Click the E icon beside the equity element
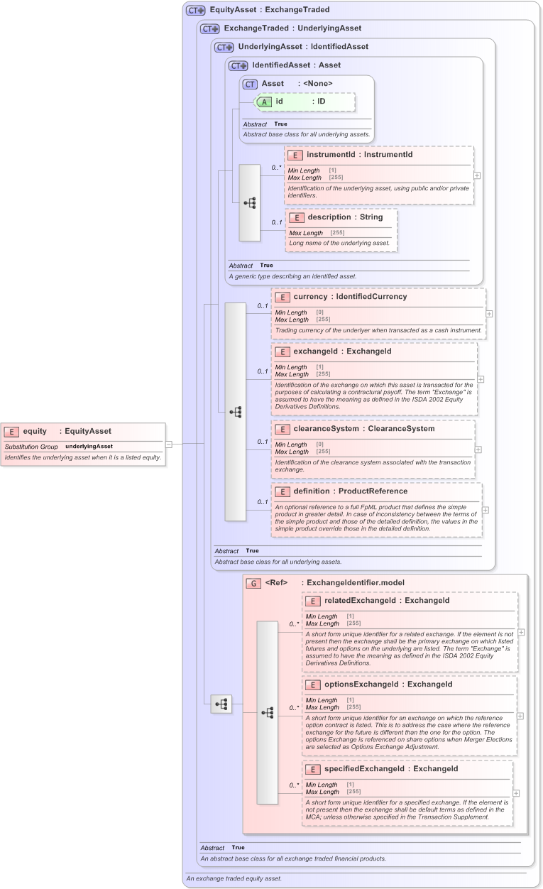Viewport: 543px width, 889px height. (12, 431)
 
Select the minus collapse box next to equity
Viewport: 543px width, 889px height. (169, 444)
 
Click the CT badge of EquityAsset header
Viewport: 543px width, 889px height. (195, 11)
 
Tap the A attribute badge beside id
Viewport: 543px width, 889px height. (263, 102)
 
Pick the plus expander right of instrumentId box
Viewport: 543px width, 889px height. (477, 175)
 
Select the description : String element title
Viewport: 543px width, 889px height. (345, 217)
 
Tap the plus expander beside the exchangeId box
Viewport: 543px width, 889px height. (481, 379)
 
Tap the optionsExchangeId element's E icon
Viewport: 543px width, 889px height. (313, 685)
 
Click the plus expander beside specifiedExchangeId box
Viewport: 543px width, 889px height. (516, 793)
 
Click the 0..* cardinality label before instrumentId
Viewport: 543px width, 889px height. (276, 168)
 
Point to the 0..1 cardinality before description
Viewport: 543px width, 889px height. (277, 223)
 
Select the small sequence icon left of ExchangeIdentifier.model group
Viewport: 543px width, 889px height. (222, 704)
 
